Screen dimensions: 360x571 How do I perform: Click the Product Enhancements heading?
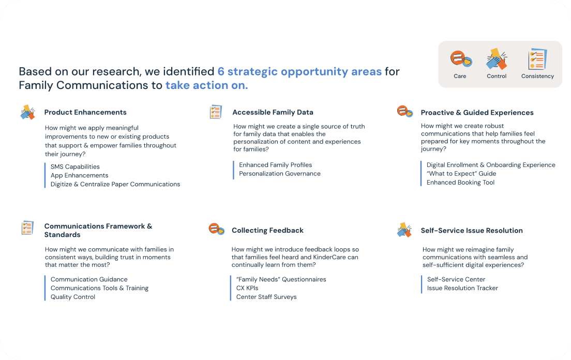[x=85, y=112]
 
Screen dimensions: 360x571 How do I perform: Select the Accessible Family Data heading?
[x=273, y=112]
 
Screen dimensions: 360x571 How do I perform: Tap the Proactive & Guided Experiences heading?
[x=477, y=113]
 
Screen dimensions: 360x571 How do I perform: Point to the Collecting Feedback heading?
[x=267, y=230]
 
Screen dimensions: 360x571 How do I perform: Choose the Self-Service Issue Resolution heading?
[x=472, y=231]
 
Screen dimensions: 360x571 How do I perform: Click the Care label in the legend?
[x=460, y=76]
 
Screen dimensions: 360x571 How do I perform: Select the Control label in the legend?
[x=497, y=76]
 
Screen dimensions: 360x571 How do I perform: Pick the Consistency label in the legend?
[x=537, y=76]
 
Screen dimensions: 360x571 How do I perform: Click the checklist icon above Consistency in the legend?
[x=537, y=59]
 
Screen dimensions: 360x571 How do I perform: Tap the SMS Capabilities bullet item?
[x=75, y=167]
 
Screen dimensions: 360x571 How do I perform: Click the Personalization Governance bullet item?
[x=279, y=174]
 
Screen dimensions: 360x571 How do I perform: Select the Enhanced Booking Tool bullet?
[x=460, y=183]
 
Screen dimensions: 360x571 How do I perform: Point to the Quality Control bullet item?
[x=73, y=297]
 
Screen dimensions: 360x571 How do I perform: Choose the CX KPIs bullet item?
[x=247, y=288]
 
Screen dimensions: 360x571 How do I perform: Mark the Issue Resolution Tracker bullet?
[x=462, y=288]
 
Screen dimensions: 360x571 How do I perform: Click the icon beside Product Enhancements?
[x=27, y=112]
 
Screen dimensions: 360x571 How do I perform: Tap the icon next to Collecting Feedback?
[x=216, y=229]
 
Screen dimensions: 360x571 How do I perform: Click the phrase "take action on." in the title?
[x=206, y=85]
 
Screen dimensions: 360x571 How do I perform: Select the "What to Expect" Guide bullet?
[x=461, y=174]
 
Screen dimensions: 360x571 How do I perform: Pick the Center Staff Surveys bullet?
[x=266, y=297]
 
